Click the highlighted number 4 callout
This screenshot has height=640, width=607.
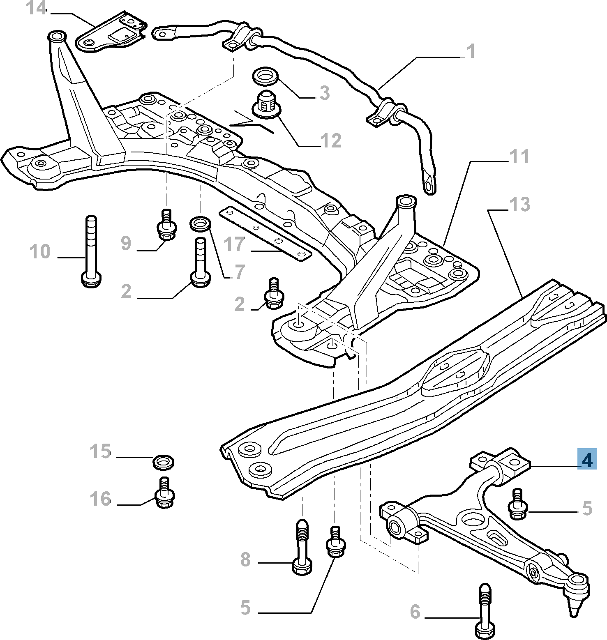587,459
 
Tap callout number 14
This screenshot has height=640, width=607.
37,8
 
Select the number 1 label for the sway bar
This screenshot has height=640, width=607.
471,51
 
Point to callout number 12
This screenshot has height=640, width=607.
331,141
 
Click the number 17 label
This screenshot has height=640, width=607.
234,244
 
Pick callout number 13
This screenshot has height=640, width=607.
519,204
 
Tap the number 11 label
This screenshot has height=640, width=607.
519,157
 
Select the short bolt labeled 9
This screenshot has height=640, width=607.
166,225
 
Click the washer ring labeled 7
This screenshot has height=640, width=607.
201,224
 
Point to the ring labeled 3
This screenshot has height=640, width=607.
265,76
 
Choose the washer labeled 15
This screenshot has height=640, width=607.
163,461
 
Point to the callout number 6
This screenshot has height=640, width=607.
415,612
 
